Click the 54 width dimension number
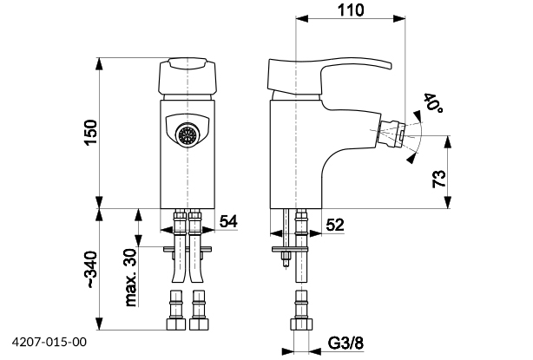coord(227,223)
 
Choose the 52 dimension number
coord(335,225)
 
